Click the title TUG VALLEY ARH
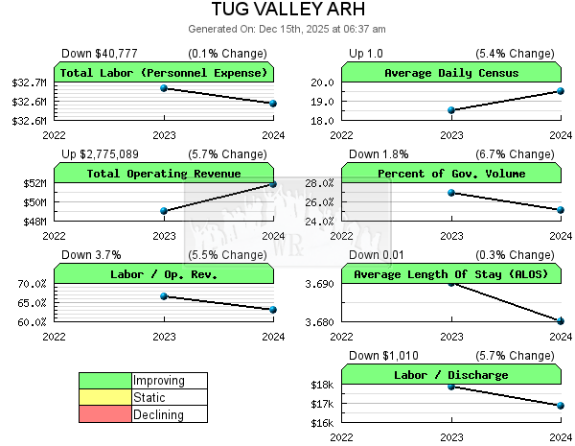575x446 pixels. click(287, 11)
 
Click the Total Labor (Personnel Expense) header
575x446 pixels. click(164, 73)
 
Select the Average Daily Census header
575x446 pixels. click(451, 73)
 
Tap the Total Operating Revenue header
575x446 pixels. click(164, 174)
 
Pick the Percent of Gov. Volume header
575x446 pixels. click(451, 174)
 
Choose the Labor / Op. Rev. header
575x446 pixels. click(164, 274)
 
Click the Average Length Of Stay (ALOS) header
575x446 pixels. click(451, 274)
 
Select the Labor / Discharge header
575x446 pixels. click(451, 375)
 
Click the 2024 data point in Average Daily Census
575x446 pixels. click(561, 91)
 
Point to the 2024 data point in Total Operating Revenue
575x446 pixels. click(273, 184)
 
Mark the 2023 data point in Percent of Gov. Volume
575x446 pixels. click(451, 193)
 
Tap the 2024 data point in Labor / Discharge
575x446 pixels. click(561, 406)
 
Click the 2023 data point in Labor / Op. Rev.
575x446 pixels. click(164, 296)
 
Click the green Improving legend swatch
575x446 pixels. click(105, 381)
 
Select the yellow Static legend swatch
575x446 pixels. click(105, 397)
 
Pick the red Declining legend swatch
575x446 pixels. click(105, 414)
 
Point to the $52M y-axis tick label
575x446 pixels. click(34, 183)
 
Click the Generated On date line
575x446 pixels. click(287, 29)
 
